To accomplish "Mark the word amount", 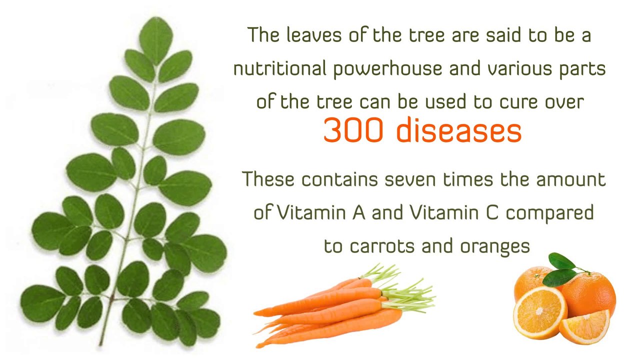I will (570, 179).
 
